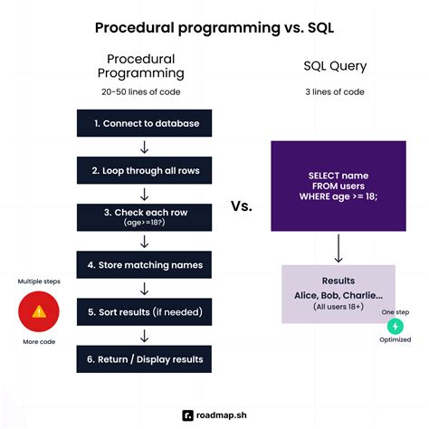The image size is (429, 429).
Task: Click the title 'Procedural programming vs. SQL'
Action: (x=214, y=27)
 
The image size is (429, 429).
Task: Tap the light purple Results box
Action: (x=338, y=293)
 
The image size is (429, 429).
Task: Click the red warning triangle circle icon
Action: (x=39, y=311)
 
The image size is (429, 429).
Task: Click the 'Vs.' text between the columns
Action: (x=240, y=205)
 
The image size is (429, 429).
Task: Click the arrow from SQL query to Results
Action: (x=338, y=247)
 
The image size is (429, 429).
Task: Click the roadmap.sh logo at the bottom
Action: (x=214, y=415)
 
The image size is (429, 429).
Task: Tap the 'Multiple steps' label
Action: (x=39, y=281)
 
